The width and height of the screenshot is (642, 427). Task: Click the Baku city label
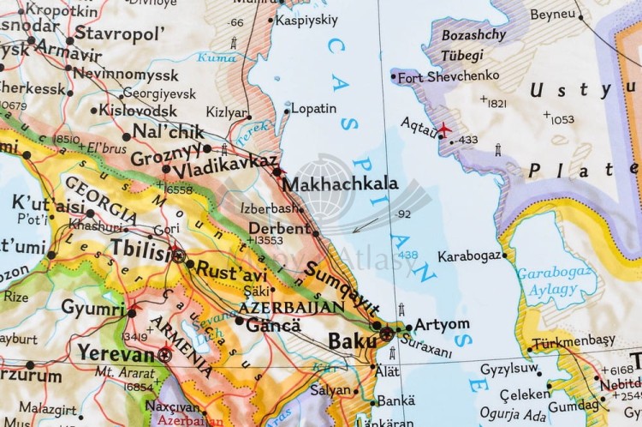click(x=351, y=341)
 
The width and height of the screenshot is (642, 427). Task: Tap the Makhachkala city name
click(x=340, y=183)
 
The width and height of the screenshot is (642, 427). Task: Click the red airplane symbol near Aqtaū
click(x=443, y=129)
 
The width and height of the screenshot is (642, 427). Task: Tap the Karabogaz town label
click(x=469, y=256)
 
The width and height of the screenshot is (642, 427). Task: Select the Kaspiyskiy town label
click(x=308, y=19)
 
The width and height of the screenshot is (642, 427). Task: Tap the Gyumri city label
click(x=92, y=307)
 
